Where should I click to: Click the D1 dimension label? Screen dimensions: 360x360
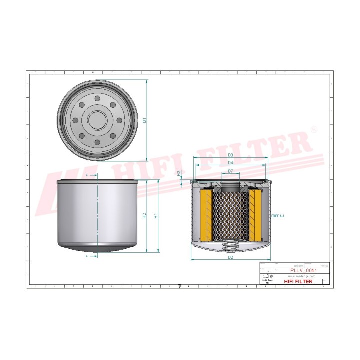[144, 120]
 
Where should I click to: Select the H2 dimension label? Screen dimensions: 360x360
[144, 216]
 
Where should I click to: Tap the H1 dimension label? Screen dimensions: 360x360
[156, 216]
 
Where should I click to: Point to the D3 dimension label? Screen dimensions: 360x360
[230, 155]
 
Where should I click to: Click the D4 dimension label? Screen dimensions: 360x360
[230, 163]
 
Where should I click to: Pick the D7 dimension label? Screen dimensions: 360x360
[230, 171]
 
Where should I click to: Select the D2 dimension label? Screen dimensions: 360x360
[230, 257]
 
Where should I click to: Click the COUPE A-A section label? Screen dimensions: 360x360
[276, 216]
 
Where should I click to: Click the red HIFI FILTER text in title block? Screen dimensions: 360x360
[298, 282]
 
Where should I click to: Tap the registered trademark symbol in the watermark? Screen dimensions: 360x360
[313, 129]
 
